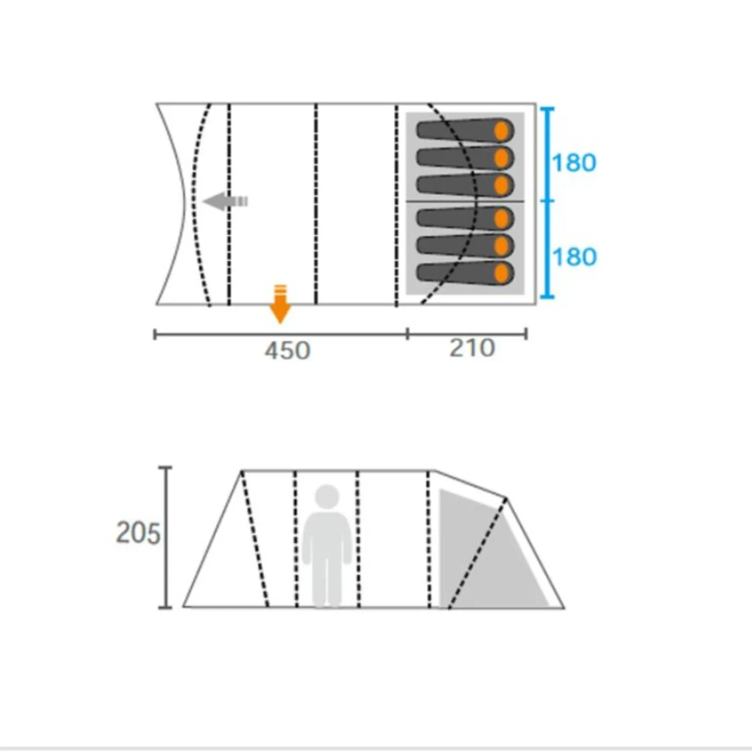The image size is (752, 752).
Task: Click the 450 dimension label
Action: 287,350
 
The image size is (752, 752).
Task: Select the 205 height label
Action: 138,534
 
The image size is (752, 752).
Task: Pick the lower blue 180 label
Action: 574,257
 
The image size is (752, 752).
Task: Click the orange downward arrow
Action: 280,304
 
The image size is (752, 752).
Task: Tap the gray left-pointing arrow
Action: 225,201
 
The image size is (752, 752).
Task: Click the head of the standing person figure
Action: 327,497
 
